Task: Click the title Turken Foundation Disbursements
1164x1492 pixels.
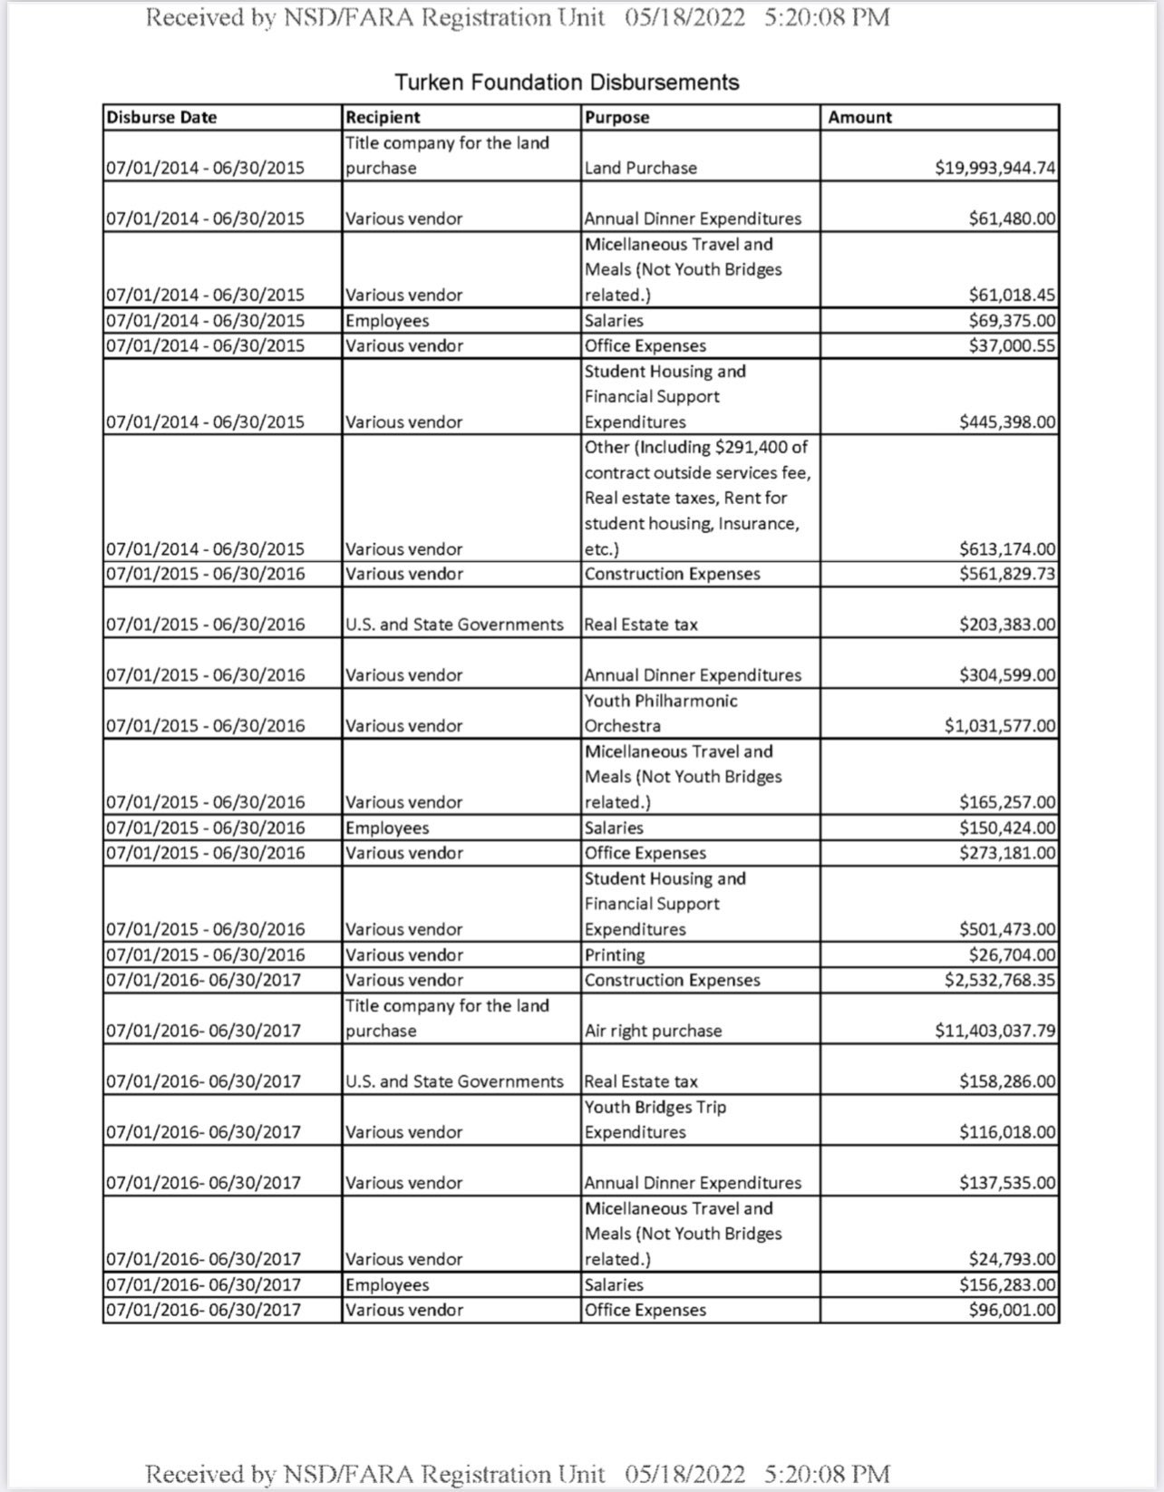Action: click(567, 82)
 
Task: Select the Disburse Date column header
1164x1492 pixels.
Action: click(161, 117)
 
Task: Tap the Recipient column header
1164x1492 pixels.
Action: click(383, 117)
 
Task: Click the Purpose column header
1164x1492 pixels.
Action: click(616, 117)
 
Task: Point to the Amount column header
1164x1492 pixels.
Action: click(859, 117)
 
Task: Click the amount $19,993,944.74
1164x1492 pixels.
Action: click(994, 168)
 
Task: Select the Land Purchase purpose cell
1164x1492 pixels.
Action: click(640, 168)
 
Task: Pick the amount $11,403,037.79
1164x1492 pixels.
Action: click(994, 1031)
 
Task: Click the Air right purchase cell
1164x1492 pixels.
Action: click(653, 1031)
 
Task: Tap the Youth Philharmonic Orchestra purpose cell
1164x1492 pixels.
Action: click(660, 713)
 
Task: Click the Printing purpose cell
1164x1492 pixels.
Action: click(615, 954)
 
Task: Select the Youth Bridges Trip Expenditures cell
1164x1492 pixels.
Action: click(655, 1119)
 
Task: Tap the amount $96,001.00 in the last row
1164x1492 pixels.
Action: click(1012, 1310)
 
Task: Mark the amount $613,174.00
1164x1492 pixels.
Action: click(1007, 548)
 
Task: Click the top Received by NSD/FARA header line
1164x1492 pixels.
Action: click(518, 18)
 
